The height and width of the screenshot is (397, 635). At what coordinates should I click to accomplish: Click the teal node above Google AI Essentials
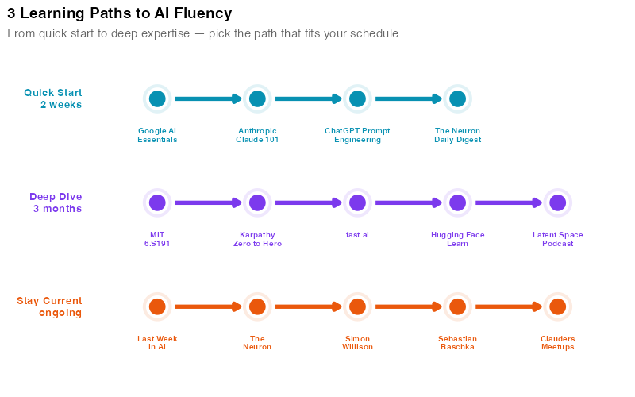pyautogui.click(x=157, y=99)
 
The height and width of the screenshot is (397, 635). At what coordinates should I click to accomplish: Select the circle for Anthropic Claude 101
pyautogui.click(x=257, y=99)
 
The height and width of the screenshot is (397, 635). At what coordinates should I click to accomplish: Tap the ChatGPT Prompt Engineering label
pyautogui.click(x=357, y=135)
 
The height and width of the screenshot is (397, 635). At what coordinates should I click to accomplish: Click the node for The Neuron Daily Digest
pyautogui.click(x=457, y=99)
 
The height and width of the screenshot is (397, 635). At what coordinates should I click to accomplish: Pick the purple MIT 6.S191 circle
pyautogui.click(x=157, y=202)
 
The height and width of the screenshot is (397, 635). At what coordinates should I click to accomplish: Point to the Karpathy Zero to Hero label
pyautogui.click(x=257, y=239)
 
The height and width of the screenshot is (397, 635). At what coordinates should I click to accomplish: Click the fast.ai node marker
pyautogui.click(x=357, y=202)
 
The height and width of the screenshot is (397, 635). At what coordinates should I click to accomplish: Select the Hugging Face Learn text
pyautogui.click(x=457, y=239)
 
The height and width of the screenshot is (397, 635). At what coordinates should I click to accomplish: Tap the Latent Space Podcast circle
pyautogui.click(x=557, y=202)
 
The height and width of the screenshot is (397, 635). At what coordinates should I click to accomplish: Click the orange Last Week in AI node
pyautogui.click(x=157, y=306)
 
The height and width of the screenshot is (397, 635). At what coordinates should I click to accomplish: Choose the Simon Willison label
pyautogui.click(x=357, y=343)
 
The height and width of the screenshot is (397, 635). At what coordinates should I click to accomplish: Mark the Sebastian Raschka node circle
pyautogui.click(x=457, y=306)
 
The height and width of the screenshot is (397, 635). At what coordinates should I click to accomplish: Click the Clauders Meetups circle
pyautogui.click(x=557, y=306)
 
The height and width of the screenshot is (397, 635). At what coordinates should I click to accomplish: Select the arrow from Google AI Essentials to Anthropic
pyautogui.click(x=207, y=99)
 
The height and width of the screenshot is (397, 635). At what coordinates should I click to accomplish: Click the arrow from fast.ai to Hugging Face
pyautogui.click(x=407, y=202)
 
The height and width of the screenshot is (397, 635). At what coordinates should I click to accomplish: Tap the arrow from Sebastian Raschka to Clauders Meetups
pyautogui.click(x=507, y=306)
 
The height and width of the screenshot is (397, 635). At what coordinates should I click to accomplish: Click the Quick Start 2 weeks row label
pyautogui.click(x=53, y=98)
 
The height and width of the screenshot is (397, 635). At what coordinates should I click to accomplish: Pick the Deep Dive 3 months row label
pyautogui.click(x=56, y=202)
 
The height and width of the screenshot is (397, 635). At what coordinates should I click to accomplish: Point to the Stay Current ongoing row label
pyautogui.click(x=50, y=306)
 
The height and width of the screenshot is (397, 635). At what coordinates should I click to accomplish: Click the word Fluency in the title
pyautogui.click(x=203, y=13)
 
